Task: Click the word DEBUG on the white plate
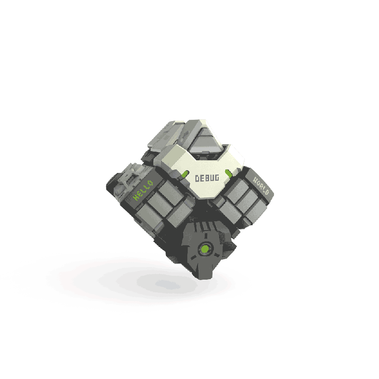pos(207,178)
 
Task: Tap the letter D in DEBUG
pos(198,178)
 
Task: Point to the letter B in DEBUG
pos(207,178)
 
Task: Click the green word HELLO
pos(143,190)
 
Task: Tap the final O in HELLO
pos(150,183)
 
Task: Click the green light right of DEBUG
pos(229,174)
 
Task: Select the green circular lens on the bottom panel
pos(204,250)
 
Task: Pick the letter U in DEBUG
pos(212,178)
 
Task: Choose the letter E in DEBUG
pos(203,178)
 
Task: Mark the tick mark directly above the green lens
pos(204,238)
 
